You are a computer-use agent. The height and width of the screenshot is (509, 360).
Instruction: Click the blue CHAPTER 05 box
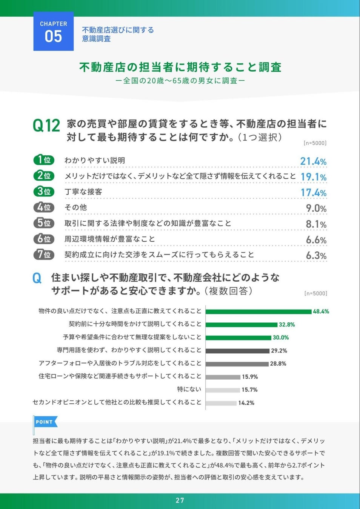click(x=54, y=31)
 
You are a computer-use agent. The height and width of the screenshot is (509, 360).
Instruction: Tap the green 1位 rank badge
click(x=44, y=160)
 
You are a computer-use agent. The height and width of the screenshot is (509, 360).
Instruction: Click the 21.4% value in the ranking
click(x=313, y=161)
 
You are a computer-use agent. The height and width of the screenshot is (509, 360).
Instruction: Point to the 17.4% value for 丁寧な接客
click(x=314, y=193)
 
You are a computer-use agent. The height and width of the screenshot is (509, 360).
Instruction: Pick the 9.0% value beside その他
click(x=316, y=208)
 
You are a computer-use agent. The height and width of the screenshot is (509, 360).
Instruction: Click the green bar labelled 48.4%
click(x=258, y=311)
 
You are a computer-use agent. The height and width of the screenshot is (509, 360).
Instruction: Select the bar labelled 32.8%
click(x=242, y=325)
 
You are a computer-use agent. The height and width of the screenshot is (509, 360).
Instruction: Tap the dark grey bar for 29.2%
click(x=238, y=351)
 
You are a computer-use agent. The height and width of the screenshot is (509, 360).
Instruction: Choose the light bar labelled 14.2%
click(x=221, y=403)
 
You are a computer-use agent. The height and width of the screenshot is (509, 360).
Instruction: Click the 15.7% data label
click(x=249, y=390)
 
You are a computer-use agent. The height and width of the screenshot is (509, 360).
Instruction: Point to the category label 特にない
click(x=189, y=389)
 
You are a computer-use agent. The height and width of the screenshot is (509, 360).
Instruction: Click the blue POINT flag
click(x=46, y=422)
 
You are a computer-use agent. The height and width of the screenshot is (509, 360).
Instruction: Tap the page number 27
click(x=180, y=500)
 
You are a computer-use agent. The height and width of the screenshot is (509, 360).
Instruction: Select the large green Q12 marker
click(x=46, y=126)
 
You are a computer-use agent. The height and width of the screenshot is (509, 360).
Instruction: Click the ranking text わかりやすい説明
click(x=95, y=160)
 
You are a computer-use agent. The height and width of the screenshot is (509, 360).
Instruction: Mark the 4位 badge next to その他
click(x=44, y=207)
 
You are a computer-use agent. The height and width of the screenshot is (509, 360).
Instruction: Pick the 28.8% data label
click(x=278, y=364)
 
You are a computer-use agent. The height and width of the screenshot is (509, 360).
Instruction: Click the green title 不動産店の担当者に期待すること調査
click(x=180, y=67)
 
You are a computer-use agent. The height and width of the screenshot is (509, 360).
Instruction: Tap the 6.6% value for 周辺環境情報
click(x=316, y=240)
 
